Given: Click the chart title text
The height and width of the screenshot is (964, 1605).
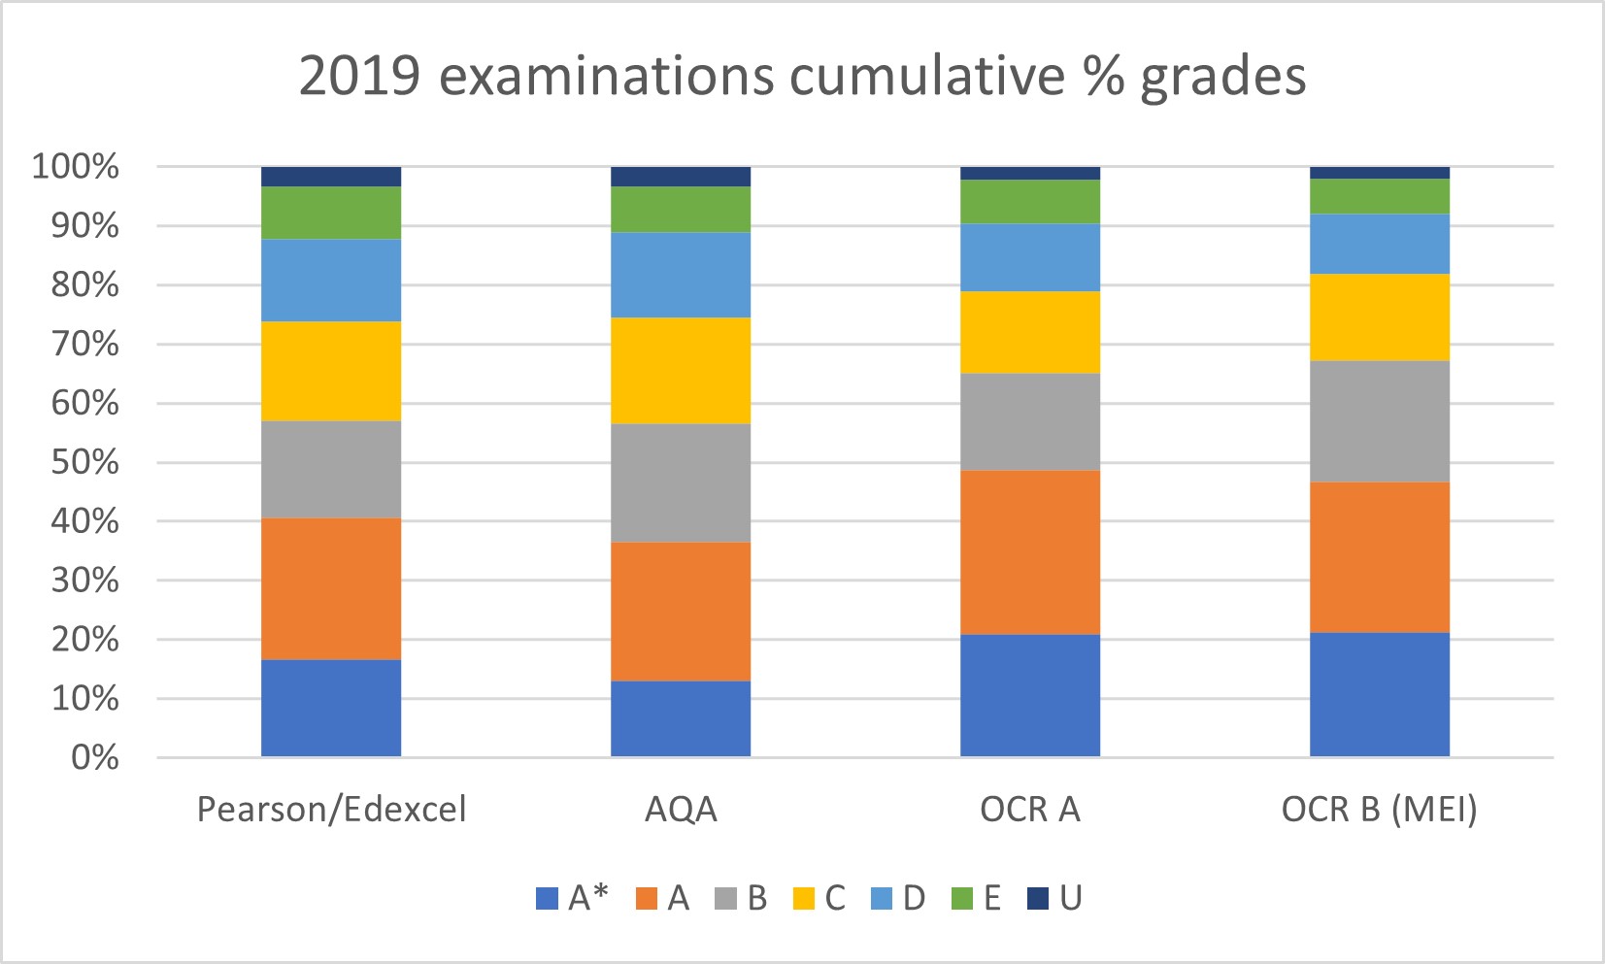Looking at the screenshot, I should pos(802,76).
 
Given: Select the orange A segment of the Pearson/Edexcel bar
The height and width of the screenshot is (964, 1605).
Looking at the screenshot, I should pos(331,588).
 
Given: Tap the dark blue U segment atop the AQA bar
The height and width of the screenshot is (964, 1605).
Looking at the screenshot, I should pos(681,176).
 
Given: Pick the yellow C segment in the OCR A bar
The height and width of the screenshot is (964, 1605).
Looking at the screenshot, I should pos(1030,332).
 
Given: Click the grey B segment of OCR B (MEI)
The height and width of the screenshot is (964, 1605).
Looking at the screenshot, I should pos(1380,421).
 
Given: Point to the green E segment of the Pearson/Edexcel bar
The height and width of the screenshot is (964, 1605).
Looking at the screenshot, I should pos(331,213).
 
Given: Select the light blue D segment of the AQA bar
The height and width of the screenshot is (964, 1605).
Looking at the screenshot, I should pos(681,275).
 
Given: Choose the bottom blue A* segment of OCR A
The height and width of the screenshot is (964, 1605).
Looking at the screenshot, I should pos(1030,695).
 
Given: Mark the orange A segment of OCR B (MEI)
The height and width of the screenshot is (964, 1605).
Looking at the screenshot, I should pos(1380,557).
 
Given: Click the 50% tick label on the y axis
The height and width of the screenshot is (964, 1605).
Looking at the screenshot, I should pos(84,462).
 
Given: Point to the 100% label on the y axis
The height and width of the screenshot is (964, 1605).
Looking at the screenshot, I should pos(76,167).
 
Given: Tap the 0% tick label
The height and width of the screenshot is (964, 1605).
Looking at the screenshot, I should pos(94,758).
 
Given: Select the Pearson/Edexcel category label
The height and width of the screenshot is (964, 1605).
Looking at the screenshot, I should pos(331,810).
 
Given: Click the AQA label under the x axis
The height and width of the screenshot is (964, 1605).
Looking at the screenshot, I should pos(681,810).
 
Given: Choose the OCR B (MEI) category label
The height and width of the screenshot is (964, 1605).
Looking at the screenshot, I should pos(1379,810).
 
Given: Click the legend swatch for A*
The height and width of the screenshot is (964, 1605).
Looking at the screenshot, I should pos(548,899).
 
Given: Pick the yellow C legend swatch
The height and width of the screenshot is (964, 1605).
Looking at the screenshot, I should pos(804,899).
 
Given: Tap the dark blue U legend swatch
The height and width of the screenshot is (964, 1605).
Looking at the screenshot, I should pos(1038,899).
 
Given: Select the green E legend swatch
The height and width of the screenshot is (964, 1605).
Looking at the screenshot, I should pos(961,899).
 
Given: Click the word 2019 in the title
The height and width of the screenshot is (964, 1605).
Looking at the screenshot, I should pos(359,76).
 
